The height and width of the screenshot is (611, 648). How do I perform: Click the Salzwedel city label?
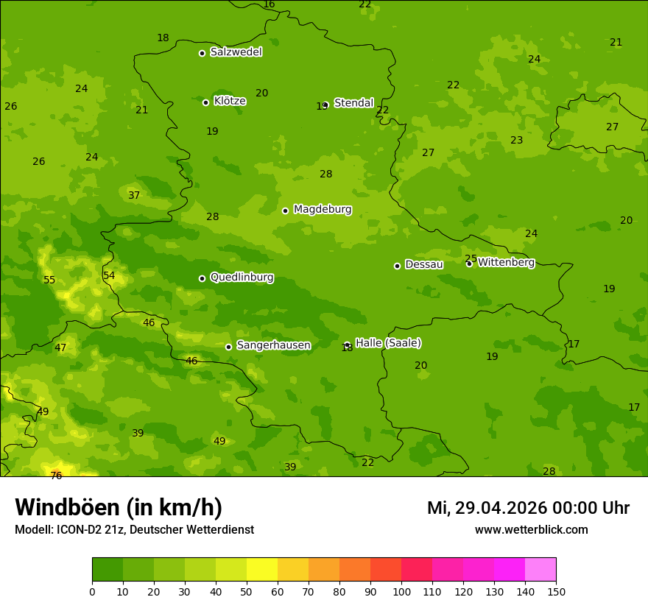pyautogui.click(x=236, y=52)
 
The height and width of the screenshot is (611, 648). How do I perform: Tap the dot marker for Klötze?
pyautogui.click(x=205, y=102)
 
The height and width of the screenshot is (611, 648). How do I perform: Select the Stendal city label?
pyautogui.click(x=353, y=103)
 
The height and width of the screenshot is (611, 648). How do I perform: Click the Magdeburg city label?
pyautogui.click(x=323, y=210)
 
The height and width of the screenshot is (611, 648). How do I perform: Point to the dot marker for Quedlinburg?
pyautogui.click(x=202, y=278)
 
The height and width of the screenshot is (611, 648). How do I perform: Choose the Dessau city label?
pyautogui.click(x=424, y=265)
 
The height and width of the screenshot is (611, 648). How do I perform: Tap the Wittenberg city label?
pyautogui.click(x=506, y=263)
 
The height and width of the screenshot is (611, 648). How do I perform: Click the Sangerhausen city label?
pyautogui.click(x=273, y=345)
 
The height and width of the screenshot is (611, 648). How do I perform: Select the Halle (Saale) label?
pyautogui.click(x=388, y=343)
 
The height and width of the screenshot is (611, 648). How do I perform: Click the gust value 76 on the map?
pyautogui.click(x=56, y=476)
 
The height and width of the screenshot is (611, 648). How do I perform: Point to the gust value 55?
pyautogui.click(x=49, y=280)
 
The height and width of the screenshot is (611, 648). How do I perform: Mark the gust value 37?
pyautogui.click(x=134, y=195)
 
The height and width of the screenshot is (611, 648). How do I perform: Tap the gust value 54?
pyautogui.click(x=109, y=275)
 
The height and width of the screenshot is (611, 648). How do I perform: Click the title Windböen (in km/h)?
pyautogui.click(x=119, y=507)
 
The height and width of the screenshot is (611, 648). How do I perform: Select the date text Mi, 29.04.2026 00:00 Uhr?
pyautogui.click(x=528, y=508)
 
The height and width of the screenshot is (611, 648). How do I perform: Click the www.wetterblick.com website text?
pyautogui.click(x=531, y=530)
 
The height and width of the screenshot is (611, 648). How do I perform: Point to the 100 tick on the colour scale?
pyautogui.click(x=401, y=591)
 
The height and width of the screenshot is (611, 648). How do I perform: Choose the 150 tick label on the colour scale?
pyautogui.click(x=556, y=591)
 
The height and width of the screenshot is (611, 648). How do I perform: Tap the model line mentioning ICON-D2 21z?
pyautogui.click(x=134, y=530)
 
